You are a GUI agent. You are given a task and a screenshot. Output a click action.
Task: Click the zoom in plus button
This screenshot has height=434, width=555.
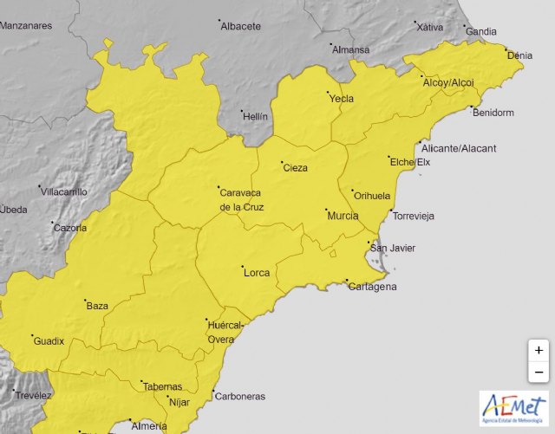click(539, 350)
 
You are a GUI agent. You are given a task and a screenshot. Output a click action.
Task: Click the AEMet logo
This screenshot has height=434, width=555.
click(513, 410)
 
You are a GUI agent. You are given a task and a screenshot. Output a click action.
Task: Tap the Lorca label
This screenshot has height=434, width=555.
click(258, 273)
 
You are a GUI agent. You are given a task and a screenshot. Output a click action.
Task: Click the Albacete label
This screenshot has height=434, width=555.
click(241, 26)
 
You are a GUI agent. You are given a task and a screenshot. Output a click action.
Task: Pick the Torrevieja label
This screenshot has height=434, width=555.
click(414, 216)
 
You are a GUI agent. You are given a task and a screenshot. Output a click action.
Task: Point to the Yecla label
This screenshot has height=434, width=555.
click(342, 99)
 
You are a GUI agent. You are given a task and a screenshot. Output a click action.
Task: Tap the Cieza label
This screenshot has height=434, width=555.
click(296, 168)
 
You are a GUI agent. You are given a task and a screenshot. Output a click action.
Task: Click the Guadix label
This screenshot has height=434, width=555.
click(49, 341)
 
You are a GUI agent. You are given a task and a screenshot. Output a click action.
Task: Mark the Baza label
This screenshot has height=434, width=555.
click(97, 306)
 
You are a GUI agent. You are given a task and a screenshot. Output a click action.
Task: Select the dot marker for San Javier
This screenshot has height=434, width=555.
click(369, 243)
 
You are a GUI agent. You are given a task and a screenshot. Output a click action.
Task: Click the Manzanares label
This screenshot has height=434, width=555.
click(26, 25)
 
